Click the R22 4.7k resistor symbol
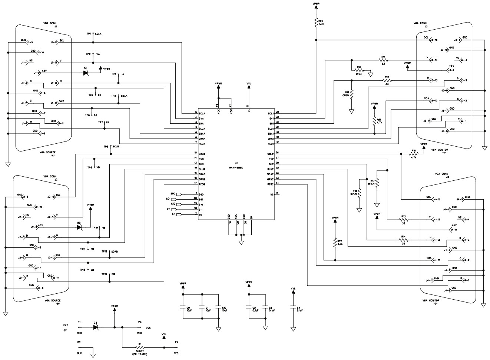click(x=316, y=23)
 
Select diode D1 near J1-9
click(x=86, y=73)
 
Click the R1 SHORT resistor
click(x=140, y=348)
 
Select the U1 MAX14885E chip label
click(x=236, y=167)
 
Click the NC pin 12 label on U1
click(x=272, y=194)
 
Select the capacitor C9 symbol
click(x=182, y=307)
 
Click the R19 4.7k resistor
click(x=413, y=154)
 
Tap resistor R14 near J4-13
click(x=403, y=240)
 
